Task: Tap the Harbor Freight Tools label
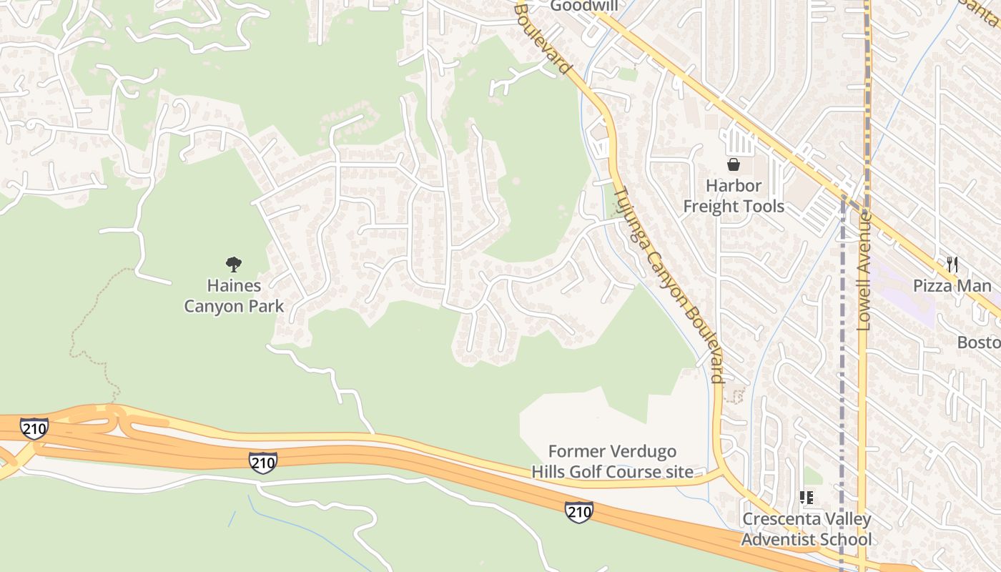pyautogui.click(x=734, y=196)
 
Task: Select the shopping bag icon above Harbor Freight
pyautogui.click(x=734, y=165)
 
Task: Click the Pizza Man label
pyautogui.click(x=952, y=286)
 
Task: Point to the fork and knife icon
pyautogui.click(x=952, y=264)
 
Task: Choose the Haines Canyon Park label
pyautogui.click(x=234, y=296)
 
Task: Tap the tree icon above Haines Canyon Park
pyautogui.click(x=233, y=265)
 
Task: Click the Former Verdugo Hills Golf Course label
pyautogui.click(x=612, y=461)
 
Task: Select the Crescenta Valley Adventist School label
pyautogui.click(x=807, y=529)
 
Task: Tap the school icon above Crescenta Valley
pyautogui.click(x=807, y=498)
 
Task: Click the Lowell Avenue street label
pyautogui.click(x=864, y=272)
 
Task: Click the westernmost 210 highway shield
pyautogui.click(x=34, y=428)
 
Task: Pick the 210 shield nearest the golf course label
pyautogui.click(x=578, y=511)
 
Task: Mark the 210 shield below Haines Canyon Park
pyautogui.click(x=262, y=463)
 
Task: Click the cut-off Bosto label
pyautogui.click(x=978, y=342)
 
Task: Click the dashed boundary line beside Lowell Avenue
pyautogui.click(x=842, y=357)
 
